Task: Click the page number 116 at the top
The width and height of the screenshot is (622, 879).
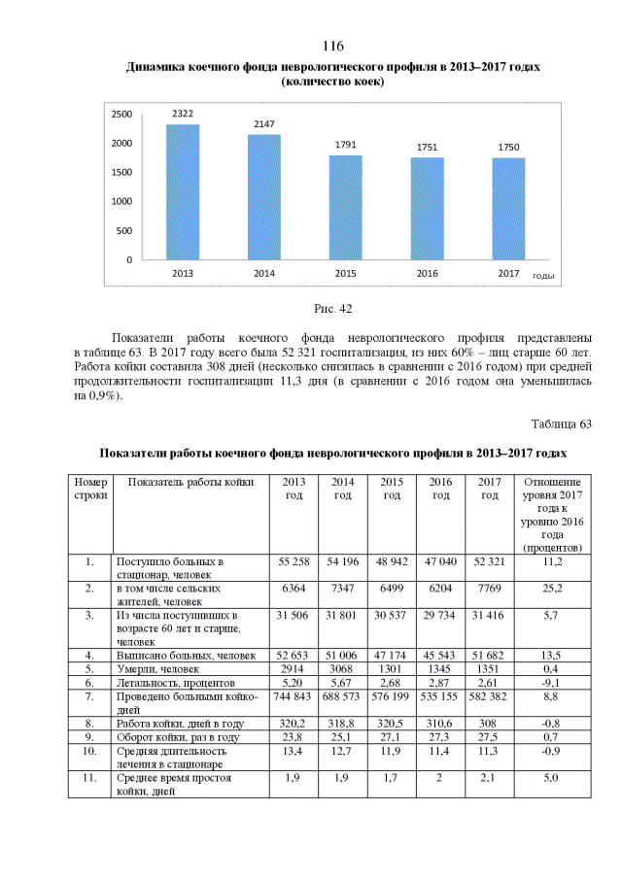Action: tap(332, 47)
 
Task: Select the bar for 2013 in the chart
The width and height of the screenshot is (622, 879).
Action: tap(182, 192)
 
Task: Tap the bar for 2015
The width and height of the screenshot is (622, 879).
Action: tap(345, 208)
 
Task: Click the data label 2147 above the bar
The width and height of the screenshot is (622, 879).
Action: tap(263, 124)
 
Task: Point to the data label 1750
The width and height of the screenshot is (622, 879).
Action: tap(507, 147)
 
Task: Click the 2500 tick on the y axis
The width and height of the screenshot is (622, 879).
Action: tap(121, 115)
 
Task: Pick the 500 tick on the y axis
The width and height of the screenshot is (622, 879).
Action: tap(124, 231)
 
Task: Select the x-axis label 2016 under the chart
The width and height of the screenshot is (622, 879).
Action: tap(427, 274)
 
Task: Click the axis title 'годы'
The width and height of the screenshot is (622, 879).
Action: tap(543, 276)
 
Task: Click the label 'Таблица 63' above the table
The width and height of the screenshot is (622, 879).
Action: tap(560, 424)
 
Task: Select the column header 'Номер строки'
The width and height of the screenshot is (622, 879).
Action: tap(90, 489)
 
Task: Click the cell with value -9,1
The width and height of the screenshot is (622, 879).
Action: tap(552, 684)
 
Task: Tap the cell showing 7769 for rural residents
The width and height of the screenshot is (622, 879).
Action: tap(490, 589)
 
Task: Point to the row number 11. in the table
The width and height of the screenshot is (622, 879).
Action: tap(90, 778)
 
